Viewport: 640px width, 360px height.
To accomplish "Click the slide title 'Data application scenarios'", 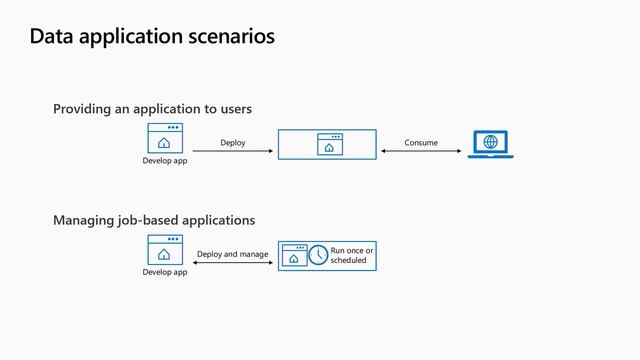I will (152, 37).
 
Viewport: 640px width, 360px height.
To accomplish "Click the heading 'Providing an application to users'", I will (152, 108).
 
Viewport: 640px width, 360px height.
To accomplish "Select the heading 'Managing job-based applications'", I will (154, 220).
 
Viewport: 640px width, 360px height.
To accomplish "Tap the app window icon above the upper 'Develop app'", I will (164, 138).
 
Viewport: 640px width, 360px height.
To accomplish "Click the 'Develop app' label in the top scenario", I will (164, 160).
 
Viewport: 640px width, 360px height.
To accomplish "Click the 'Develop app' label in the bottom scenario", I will (164, 272).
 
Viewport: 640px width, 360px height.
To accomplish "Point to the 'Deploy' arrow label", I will (233, 143).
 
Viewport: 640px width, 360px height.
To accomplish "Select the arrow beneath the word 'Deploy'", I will (233, 152).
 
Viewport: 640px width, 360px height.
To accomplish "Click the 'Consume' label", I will (421, 143).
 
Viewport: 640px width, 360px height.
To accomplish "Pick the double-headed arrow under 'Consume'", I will (421, 152).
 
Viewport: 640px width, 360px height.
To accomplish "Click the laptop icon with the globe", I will (490, 144).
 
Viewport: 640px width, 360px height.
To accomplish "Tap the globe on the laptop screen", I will (490, 142).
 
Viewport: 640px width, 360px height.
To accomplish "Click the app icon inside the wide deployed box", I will (328, 144).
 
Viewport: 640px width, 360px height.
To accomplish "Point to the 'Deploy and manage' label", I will (233, 254).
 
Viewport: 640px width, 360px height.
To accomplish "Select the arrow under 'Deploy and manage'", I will (233, 263).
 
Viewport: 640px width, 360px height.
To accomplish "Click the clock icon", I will (318, 255).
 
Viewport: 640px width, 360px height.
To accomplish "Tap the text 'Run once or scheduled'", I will (352, 255).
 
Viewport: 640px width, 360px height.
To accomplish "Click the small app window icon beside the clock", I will (294, 255).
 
